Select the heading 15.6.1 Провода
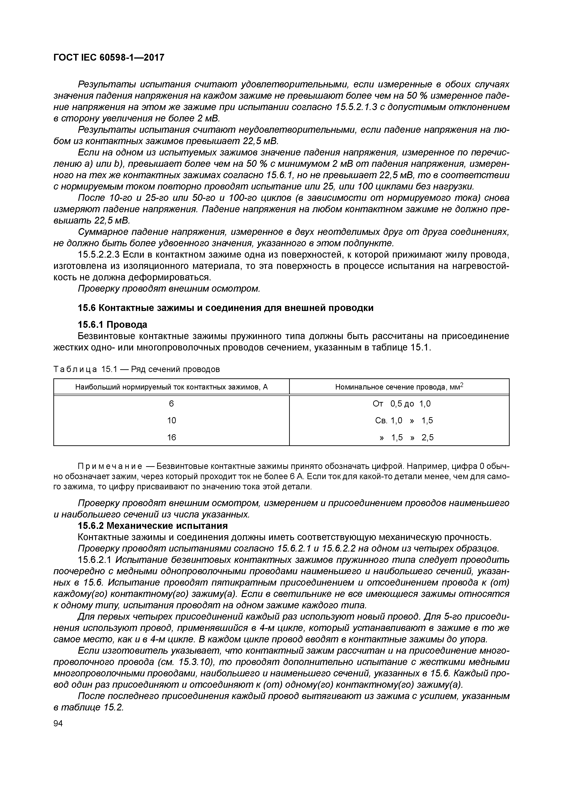pyautogui.click(x=112, y=325)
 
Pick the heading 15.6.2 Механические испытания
pyautogui.click(x=153, y=526)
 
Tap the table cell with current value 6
pyautogui.click(x=171, y=404)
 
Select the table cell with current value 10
pyautogui.click(x=171, y=421)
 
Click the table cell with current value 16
pyautogui.click(x=171, y=438)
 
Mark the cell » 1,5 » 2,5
pyautogui.click(x=406, y=438)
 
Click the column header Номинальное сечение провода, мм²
pyautogui.click(x=399, y=387)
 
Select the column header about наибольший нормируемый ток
pyautogui.click(x=171, y=387)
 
